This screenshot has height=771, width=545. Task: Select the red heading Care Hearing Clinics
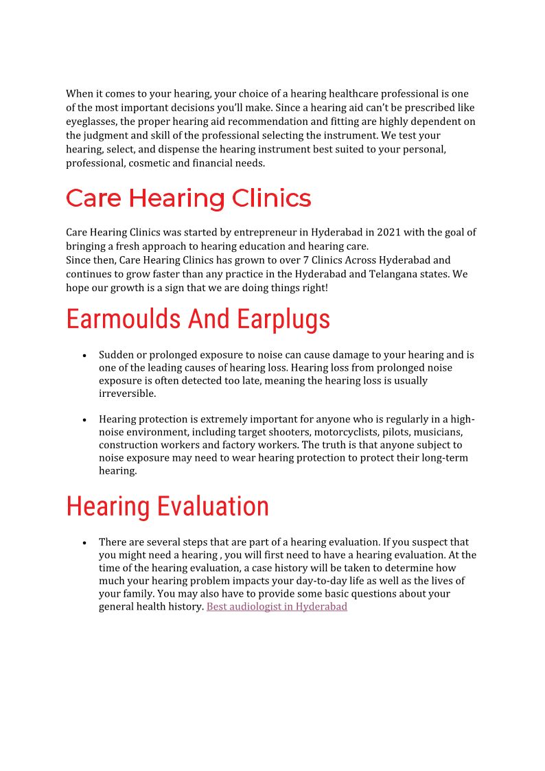coord(188,198)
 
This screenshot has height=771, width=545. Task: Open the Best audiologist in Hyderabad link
coord(277,607)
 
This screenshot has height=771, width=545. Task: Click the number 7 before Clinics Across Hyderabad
coord(306,260)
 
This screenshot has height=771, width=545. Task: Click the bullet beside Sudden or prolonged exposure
coord(84,356)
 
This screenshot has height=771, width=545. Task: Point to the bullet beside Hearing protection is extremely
coord(84,420)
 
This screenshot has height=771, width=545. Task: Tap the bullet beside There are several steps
coord(84,543)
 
